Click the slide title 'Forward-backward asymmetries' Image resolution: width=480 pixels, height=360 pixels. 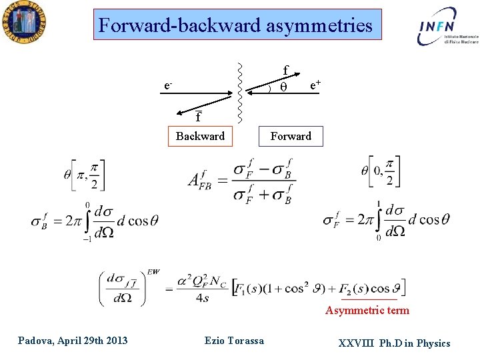coord(235,25)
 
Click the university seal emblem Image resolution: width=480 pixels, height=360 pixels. coord(23,23)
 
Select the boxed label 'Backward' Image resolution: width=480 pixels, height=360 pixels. coord(200,136)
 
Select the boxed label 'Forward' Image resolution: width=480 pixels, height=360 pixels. coord(291,136)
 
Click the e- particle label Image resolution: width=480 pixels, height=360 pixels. coord(169,85)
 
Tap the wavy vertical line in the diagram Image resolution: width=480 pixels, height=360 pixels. coord(239,93)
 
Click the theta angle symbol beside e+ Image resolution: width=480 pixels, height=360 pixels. coord(283,87)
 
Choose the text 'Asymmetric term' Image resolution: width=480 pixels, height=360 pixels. coord(367,310)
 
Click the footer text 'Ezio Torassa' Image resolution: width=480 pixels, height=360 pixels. coord(234,341)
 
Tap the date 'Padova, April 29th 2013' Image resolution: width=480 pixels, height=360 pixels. coord(73,341)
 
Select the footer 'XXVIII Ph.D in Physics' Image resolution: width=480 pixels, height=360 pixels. coord(394,343)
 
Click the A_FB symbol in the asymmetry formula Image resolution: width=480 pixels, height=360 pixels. coord(200,181)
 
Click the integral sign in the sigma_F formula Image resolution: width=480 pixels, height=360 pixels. coord(378,221)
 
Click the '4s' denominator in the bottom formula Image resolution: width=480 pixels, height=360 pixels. coord(203,298)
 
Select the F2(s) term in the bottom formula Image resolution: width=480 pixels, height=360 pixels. coord(356,287)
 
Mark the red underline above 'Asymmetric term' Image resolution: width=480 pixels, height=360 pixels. coord(369,301)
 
